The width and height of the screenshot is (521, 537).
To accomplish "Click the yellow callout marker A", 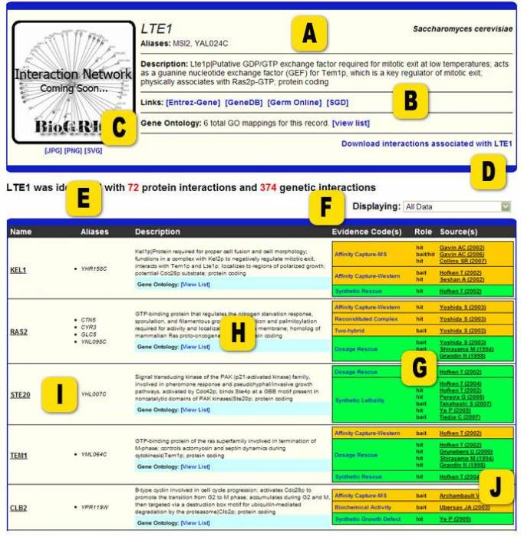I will [x=309, y=34].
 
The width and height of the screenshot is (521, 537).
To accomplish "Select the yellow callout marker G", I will [x=419, y=369].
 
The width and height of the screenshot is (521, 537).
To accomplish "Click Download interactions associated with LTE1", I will [x=426, y=143].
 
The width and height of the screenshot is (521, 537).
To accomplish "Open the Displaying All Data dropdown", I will [x=457, y=206].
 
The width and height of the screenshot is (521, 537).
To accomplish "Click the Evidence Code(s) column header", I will [x=367, y=231].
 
